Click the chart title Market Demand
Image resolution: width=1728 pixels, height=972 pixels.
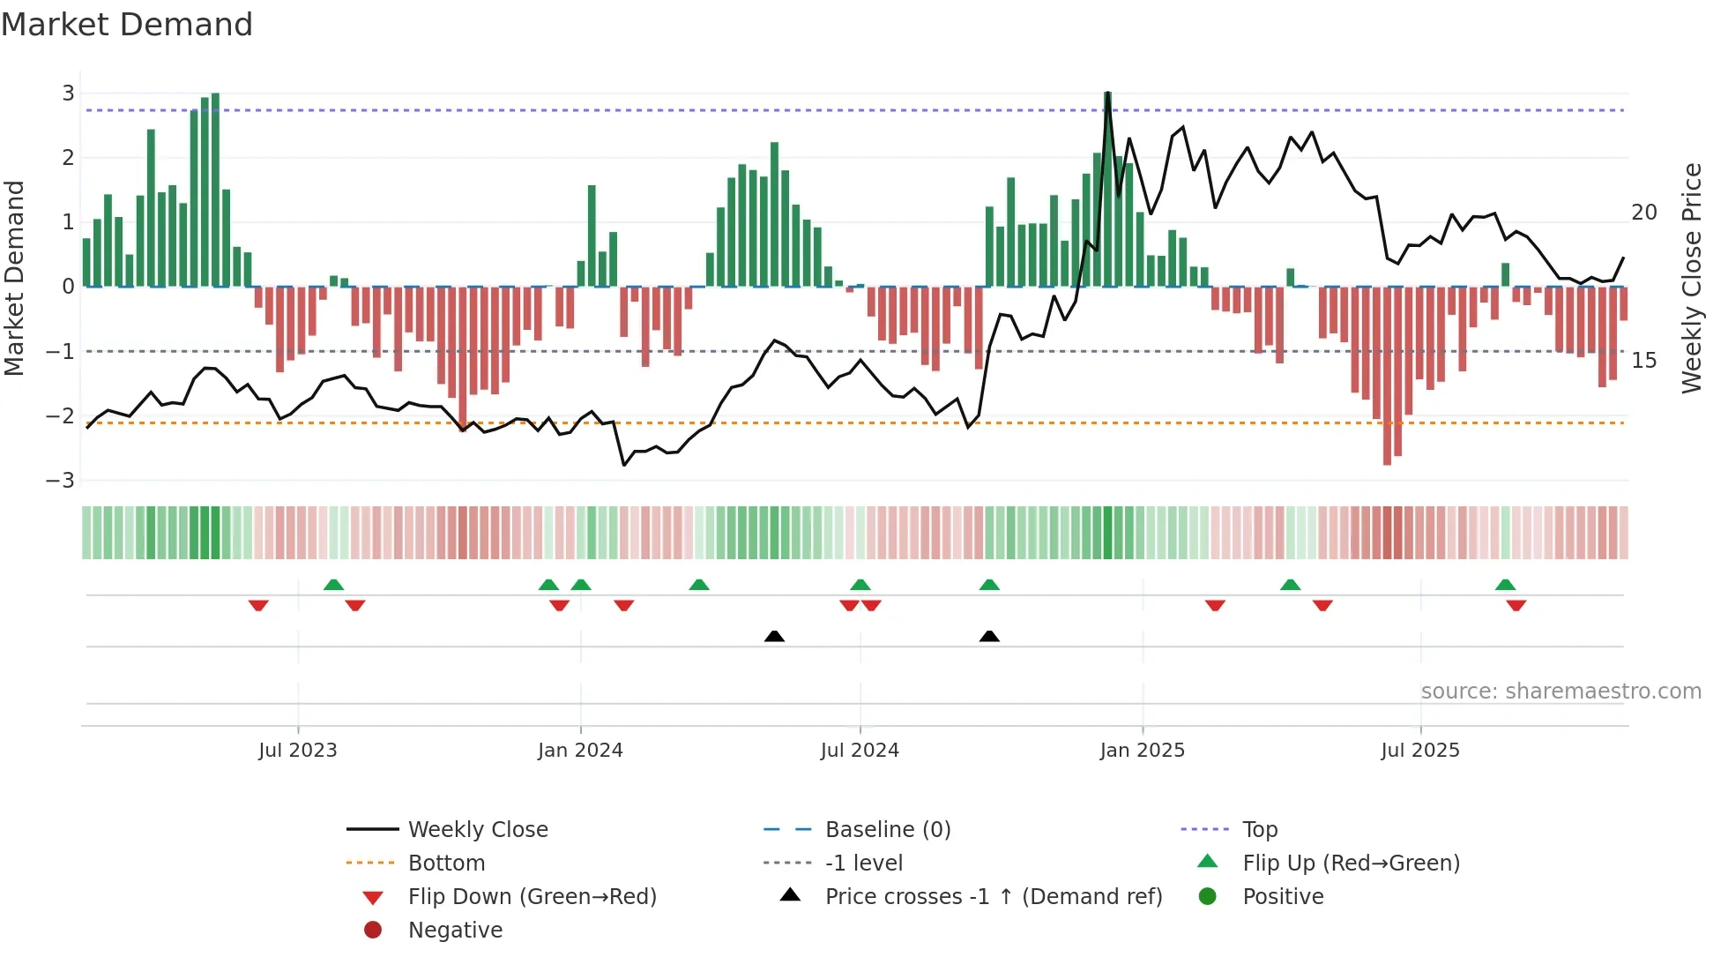point(127,24)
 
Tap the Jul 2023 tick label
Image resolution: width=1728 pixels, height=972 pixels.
point(297,750)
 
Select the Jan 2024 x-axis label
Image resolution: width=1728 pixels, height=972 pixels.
point(580,750)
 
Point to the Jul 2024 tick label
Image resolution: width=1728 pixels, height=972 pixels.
point(860,750)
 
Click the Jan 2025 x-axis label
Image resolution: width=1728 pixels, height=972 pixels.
point(1142,750)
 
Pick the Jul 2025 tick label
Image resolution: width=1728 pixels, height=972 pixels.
point(1420,750)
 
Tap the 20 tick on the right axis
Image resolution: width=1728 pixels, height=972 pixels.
point(1644,213)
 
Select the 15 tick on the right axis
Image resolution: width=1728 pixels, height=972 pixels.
point(1644,360)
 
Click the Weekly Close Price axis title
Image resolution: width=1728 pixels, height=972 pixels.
point(1691,278)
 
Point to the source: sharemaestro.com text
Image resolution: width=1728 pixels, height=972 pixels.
point(1560,691)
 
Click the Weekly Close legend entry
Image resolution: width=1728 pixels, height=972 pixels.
point(477,829)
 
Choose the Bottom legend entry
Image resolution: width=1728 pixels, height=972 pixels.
point(446,863)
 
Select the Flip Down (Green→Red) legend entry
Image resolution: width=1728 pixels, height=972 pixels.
point(532,896)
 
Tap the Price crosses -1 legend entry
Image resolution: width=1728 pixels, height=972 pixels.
point(993,896)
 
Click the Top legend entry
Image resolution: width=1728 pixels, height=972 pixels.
point(1260,829)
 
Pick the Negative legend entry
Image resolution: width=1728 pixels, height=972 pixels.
point(455,930)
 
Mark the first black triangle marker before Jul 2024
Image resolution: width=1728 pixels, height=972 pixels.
point(774,636)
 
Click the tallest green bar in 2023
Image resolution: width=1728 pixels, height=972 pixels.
point(215,190)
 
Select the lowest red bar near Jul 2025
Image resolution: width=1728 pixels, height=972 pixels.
point(1387,375)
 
